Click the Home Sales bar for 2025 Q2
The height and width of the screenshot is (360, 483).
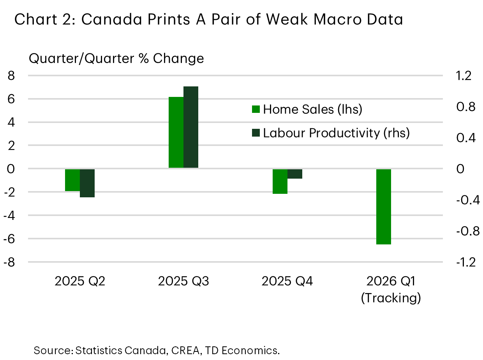(72, 180)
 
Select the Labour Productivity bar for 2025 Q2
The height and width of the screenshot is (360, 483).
(87, 183)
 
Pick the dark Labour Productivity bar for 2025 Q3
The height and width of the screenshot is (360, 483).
(191, 127)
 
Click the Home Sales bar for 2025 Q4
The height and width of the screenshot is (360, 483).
(280, 181)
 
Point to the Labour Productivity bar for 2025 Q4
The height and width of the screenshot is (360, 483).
(295, 174)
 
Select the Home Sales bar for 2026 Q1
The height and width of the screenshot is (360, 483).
(383, 206)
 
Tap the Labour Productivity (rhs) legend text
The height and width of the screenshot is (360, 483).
(336, 133)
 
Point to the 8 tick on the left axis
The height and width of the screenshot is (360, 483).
(11, 76)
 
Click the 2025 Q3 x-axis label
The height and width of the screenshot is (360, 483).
(183, 281)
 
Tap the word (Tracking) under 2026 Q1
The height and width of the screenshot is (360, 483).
(391, 298)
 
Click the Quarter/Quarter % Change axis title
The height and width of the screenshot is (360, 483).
(116, 58)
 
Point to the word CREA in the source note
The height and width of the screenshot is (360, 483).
(183, 350)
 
